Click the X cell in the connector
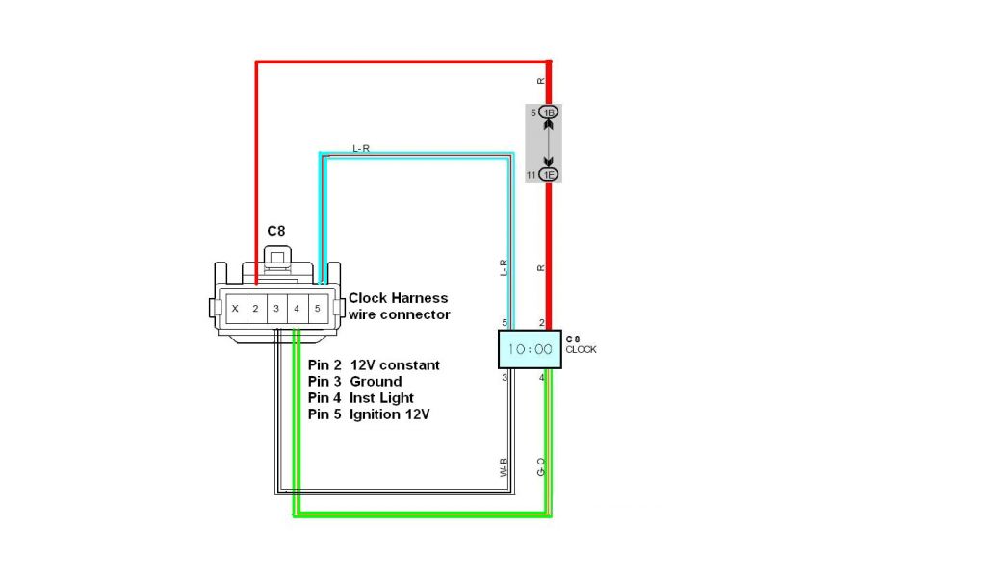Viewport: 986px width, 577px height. [x=235, y=309]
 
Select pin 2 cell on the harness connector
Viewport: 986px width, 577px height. [x=255, y=309]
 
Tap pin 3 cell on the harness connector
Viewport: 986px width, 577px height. [x=275, y=309]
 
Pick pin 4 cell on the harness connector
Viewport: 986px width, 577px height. [x=296, y=309]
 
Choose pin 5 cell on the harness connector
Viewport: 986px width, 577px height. [x=316, y=309]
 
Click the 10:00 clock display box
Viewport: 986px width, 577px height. [x=529, y=350]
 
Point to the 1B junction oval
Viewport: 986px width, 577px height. [x=549, y=113]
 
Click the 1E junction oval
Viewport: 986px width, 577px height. [x=549, y=174]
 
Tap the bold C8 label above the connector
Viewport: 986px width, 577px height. [x=275, y=232]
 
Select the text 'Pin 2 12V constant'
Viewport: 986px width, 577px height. [x=374, y=365]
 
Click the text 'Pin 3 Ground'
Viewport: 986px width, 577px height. [x=355, y=382]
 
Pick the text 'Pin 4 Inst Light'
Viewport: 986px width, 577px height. [x=361, y=398]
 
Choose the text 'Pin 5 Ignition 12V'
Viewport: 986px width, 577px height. [x=369, y=414]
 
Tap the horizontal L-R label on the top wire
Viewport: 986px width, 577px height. [x=362, y=148]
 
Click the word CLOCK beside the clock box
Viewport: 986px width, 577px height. [x=581, y=350]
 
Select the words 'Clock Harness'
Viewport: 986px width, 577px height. [x=398, y=298]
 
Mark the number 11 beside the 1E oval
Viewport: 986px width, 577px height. [x=531, y=175]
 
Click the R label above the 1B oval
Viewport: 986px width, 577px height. [x=541, y=81]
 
